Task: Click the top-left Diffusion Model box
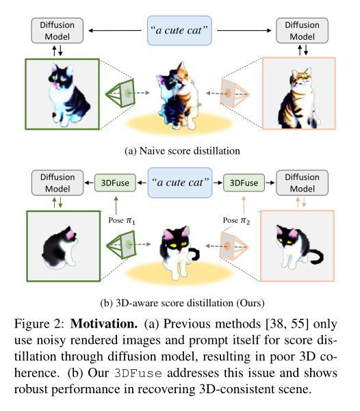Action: [57, 31]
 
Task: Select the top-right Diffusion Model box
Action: [302, 31]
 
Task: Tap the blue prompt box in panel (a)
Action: [179, 30]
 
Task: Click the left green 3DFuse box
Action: [115, 183]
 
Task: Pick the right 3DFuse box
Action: [244, 183]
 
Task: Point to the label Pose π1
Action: [122, 220]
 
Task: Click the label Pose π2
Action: [236, 220]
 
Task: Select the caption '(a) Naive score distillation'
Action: [182, 151]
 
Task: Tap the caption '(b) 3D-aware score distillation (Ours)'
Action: [182, 303]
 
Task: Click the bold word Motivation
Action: [104, 323]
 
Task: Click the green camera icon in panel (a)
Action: [120, 93]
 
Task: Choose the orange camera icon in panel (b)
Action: [233, 246]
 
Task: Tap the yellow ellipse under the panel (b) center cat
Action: [179, 273]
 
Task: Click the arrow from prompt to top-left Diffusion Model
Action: [115, 31]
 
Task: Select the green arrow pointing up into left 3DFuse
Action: [116, 206]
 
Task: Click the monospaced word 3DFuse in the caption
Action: [138, 373]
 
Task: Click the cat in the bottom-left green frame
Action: [60, 247]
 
